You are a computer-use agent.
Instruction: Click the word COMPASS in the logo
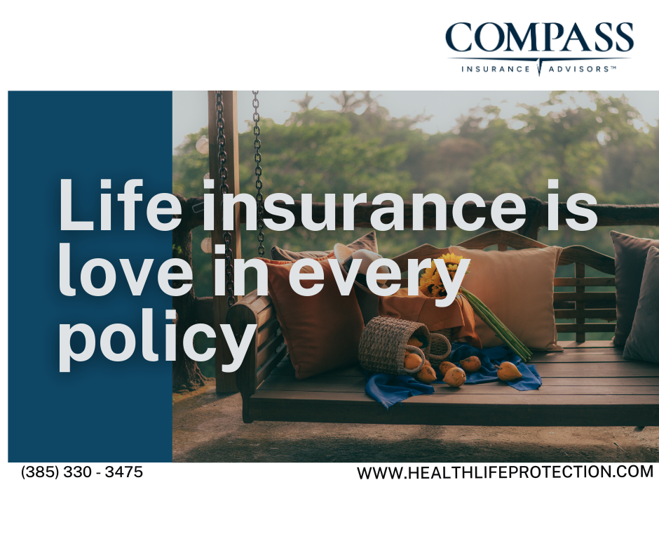coord(540,37)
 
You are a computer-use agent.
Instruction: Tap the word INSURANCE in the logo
coord(496,69)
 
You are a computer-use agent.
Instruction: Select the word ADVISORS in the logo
coord(578,69)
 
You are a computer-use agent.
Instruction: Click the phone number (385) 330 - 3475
coord(82,472)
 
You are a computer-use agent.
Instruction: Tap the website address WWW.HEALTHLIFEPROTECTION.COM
coord(505,472)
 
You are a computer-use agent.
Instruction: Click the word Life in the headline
coord(120,204)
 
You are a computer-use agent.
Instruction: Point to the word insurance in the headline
coord(365,206)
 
